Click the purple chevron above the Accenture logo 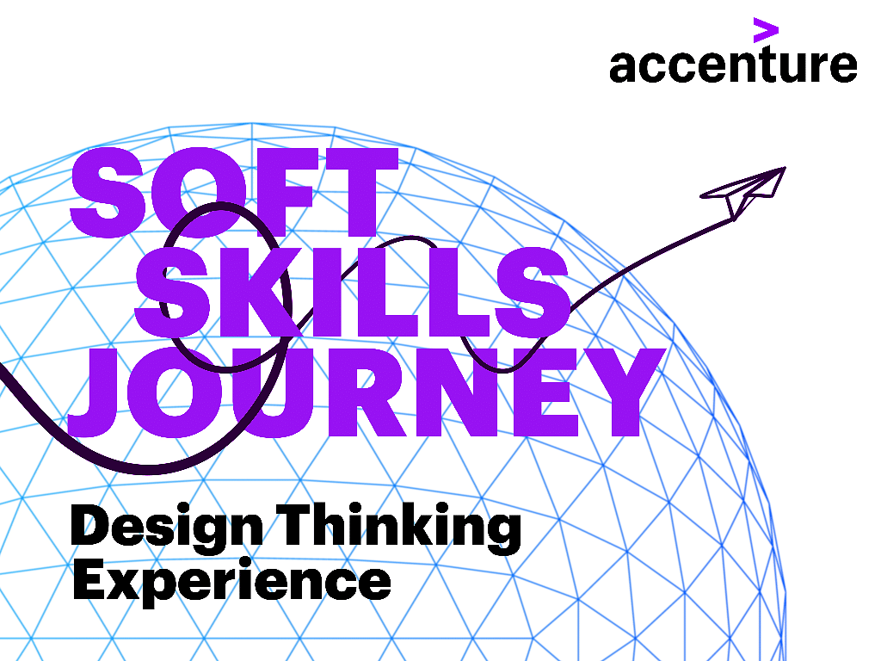click(766, 30)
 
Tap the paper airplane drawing click(742, 192)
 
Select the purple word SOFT click(234, 192)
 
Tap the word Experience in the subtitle click(231, 580)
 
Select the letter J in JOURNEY click(95, 392)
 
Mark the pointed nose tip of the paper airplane click(785, 167)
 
